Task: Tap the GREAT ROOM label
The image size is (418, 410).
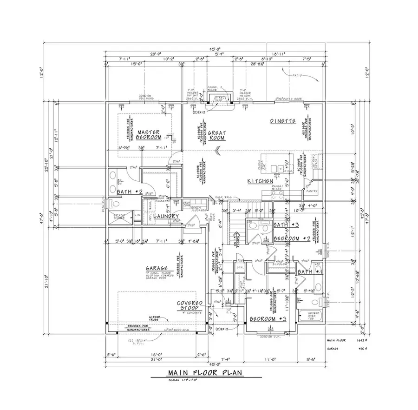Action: tap(216, 135)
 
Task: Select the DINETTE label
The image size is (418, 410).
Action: tap(283, 121)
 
